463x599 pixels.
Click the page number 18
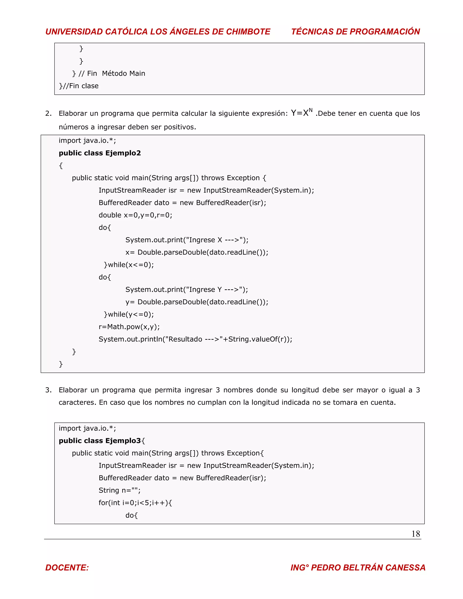click(416, 533)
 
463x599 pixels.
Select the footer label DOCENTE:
click(67, 567)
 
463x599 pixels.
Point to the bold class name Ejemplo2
click(123, 153)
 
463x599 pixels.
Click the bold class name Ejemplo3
click(123, 441)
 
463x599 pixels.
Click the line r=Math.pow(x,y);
click(129, 327)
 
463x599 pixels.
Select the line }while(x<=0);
click(129, 265)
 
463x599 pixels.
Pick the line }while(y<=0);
click(129, 314)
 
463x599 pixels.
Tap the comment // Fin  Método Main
click(112, 73)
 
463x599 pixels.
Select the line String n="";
click(120, 491)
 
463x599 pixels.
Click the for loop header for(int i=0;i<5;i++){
click(135, 503)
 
